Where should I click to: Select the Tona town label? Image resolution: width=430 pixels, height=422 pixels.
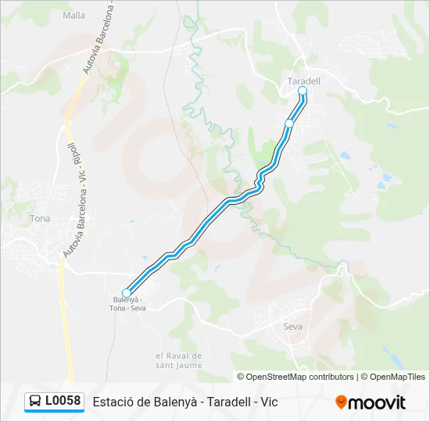(39, 219)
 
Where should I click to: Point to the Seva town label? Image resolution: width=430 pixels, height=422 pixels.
(292, 327)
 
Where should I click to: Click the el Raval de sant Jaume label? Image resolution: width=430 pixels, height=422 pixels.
(178, 360)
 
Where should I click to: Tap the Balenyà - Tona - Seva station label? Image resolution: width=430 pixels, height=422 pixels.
(127, 304)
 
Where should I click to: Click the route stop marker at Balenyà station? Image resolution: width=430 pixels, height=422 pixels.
(127, 293)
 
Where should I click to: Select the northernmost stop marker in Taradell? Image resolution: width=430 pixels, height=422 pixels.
(303, 91)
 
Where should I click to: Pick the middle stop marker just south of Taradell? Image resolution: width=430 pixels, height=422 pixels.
(289, 123)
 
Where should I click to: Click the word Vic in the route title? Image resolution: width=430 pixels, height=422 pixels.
(269, 402)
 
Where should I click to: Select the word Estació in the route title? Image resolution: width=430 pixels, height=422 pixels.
(112, 402)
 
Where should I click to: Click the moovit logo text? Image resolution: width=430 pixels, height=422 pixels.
(377, 402)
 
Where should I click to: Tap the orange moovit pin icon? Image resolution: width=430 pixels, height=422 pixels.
(341, 402)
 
